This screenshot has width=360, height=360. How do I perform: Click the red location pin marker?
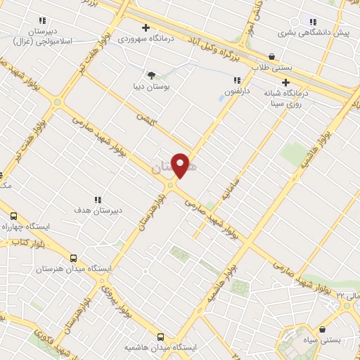coord(181,165)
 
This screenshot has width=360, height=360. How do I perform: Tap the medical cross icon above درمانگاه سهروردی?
coord(146,28)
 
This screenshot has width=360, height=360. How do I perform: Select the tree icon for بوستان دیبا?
coord(150,75)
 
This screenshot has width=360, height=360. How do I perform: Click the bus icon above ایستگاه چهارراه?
coord(14,216)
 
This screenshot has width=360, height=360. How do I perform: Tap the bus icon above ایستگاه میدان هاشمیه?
coord(161,337)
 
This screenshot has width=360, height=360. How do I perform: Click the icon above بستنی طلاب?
coord(272,56)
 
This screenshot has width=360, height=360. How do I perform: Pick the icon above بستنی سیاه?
coord(322,328)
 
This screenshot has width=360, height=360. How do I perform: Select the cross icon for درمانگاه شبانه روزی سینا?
coord(286,82)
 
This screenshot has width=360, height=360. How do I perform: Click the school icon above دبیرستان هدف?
coord(98,199)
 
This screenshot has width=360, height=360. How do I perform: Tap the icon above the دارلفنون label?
coord(237,80)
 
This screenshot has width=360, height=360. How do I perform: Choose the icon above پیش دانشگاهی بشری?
coord(312,22)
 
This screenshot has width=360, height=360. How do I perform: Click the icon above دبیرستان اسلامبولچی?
coord(43,21)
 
